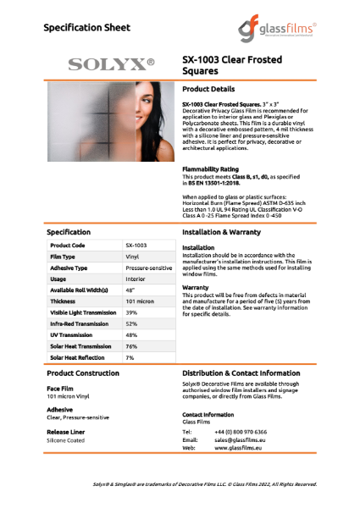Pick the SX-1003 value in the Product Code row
(x=136, y=244)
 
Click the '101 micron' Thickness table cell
(x=140, y=301)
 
